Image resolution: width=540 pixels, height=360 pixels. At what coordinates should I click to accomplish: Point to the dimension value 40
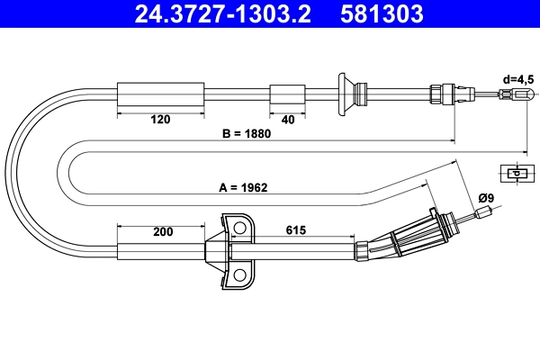(288, 118)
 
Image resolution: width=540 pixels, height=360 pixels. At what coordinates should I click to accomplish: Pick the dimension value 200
(162, 231)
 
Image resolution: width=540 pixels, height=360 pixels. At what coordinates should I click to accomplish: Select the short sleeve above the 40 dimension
(288, 94)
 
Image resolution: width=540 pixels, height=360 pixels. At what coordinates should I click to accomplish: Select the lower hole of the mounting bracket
(240, 275)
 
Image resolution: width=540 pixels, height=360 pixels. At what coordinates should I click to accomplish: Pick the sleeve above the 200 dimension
(162, 251)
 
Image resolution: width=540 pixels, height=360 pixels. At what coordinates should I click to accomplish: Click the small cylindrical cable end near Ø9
(486, 213)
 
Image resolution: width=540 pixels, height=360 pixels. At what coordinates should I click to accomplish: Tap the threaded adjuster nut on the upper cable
(443, 94)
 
